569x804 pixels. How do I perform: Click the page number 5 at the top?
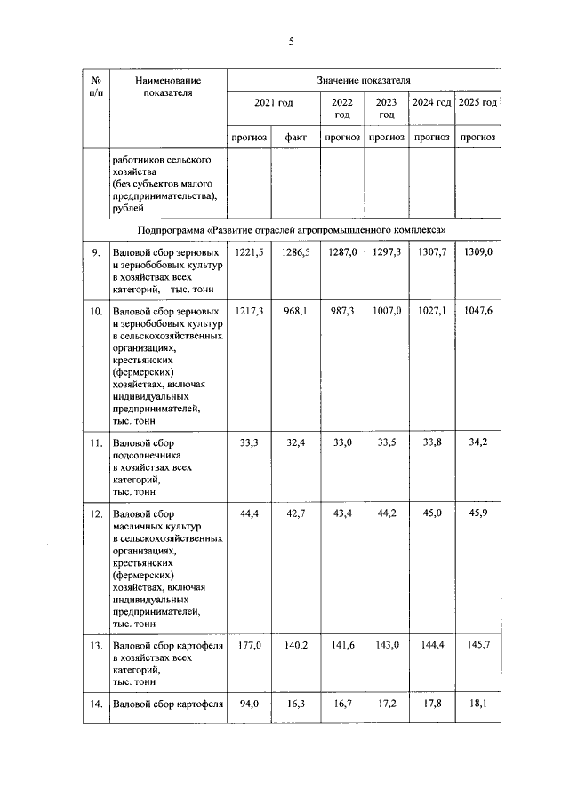tap(290, 42)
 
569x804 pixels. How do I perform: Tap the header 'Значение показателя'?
tap(363, 80)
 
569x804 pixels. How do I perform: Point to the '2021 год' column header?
tap(273, 104)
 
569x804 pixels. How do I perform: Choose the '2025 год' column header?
tap(477, 104)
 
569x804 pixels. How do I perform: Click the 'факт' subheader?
tap(296, 138)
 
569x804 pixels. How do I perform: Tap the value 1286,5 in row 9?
tap(296, 253)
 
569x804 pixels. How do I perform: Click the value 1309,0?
tap(477, 253)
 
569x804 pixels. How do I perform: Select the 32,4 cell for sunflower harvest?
tap(296, 442)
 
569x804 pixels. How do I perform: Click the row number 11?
tap(95, 442)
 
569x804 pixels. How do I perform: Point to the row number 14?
tap(95, 705)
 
